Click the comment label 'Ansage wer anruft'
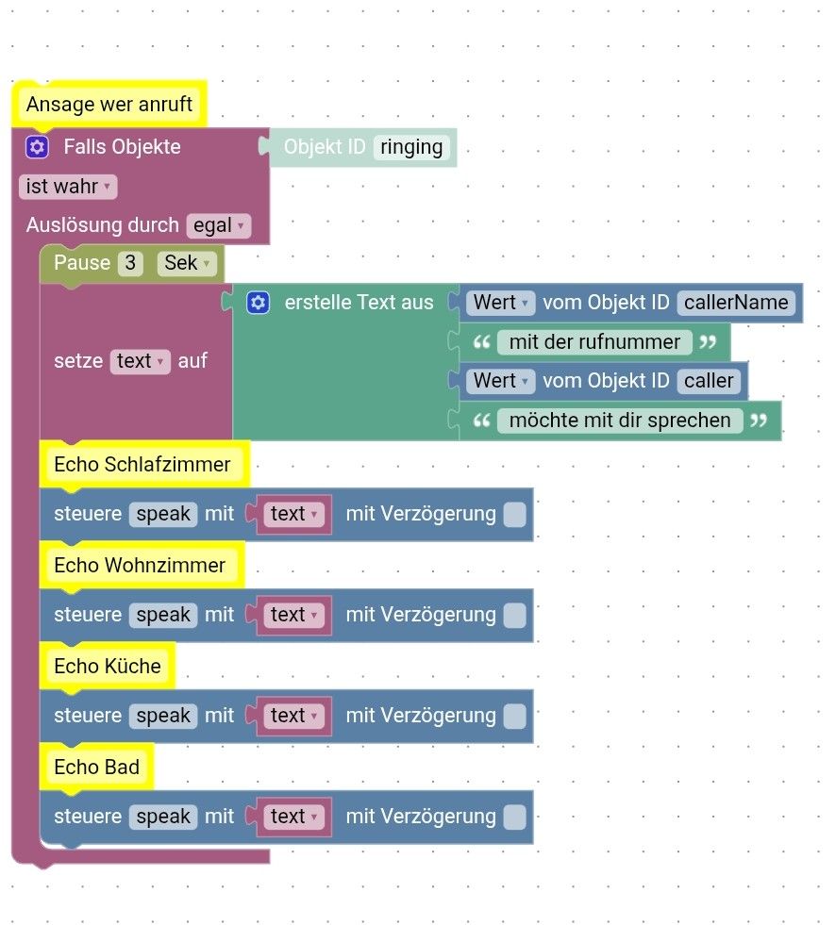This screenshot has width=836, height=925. coord(109,105)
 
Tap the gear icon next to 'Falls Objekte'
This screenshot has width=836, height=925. coord(37,147)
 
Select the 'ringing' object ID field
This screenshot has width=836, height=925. coord(411,147)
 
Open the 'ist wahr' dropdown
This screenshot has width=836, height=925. coord(67,187)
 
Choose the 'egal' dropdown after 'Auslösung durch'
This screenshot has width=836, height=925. coord(219,225)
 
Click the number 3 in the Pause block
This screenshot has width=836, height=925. coord(130,263)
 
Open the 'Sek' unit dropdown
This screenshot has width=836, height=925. coord(187,263)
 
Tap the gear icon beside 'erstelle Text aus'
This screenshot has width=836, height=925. coord(258,303)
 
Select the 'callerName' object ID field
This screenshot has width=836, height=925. coord(736,303)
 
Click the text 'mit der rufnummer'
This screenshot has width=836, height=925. coord(594,342)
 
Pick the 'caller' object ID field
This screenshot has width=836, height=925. coord(709,381)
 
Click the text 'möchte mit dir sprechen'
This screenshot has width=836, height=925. coord(620,421)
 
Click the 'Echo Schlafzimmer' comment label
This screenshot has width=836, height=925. coord(142,465)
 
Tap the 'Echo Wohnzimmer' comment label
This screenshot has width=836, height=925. coord(140,566)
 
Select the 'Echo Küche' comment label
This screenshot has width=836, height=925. coord(108,667)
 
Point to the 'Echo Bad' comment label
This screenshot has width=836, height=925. coord(96,768)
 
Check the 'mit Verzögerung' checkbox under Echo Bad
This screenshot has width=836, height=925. coord(514,817)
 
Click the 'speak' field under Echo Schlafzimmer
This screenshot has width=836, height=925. coord(163,514)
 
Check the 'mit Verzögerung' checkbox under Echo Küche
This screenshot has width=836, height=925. coord(514,716)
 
